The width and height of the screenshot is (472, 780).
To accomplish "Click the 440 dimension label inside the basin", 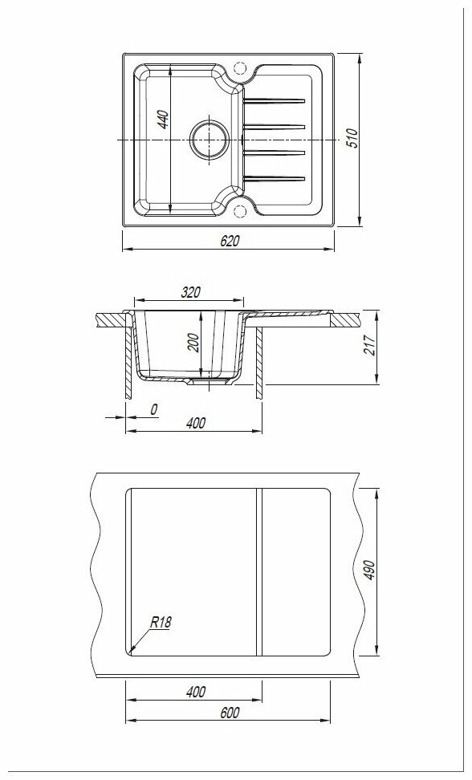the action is point(164,120).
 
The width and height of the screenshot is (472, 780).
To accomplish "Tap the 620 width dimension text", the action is point(230,241).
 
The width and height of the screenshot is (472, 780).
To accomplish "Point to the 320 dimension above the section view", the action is point(190,292).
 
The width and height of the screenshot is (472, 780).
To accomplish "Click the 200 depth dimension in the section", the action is point(193,343).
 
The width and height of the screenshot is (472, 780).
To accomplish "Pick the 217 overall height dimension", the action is point(369,344).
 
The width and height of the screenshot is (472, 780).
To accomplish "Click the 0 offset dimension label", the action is point(153,409).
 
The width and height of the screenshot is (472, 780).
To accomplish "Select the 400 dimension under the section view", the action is point(196,423).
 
